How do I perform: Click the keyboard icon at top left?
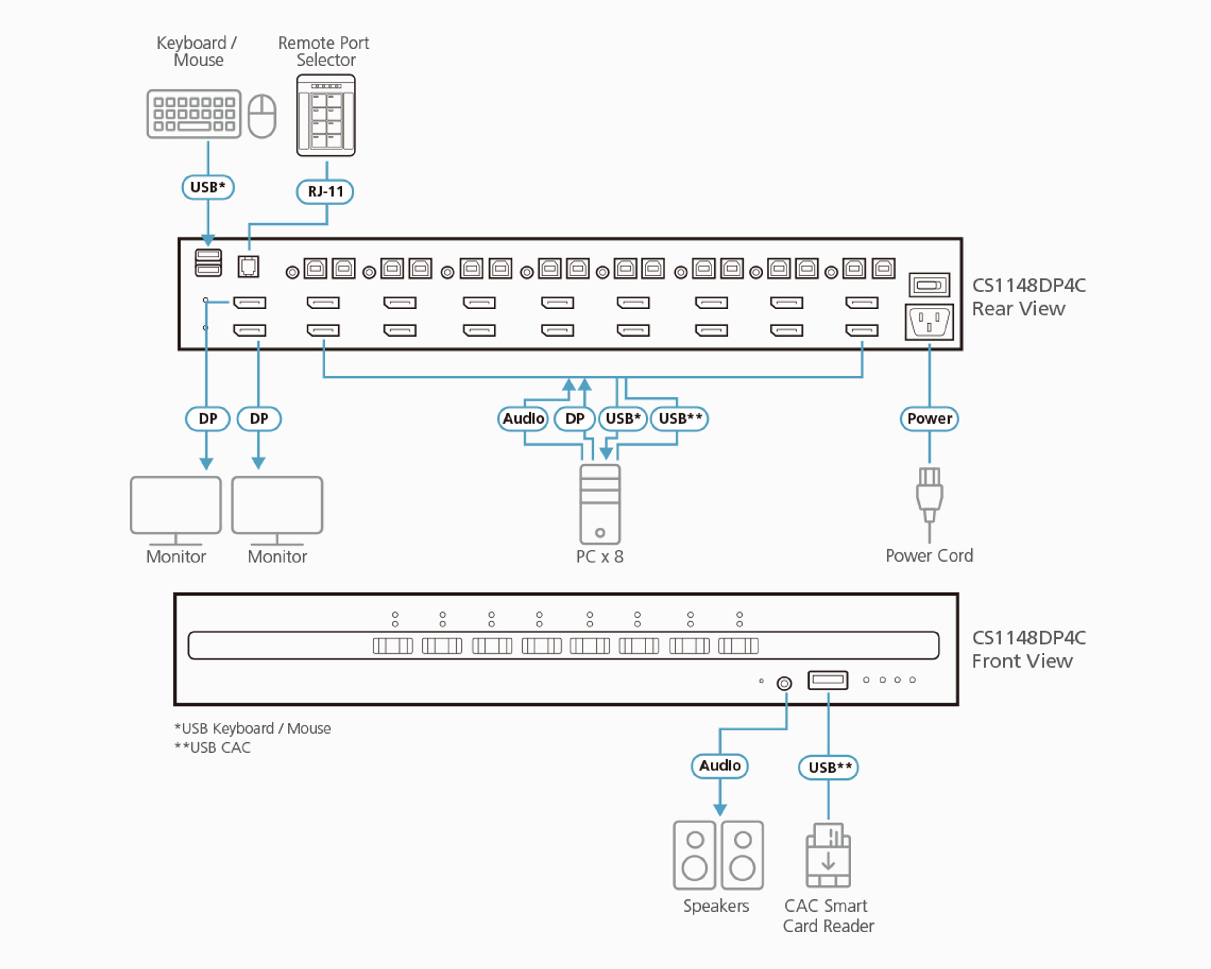(x=194, y=114)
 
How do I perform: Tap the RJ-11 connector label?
(x=325, y=192)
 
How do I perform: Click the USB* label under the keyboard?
(x=208, y=187)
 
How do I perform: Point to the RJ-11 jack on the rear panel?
(x=248, y=266)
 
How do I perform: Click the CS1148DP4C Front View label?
(x=1028, y=649)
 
